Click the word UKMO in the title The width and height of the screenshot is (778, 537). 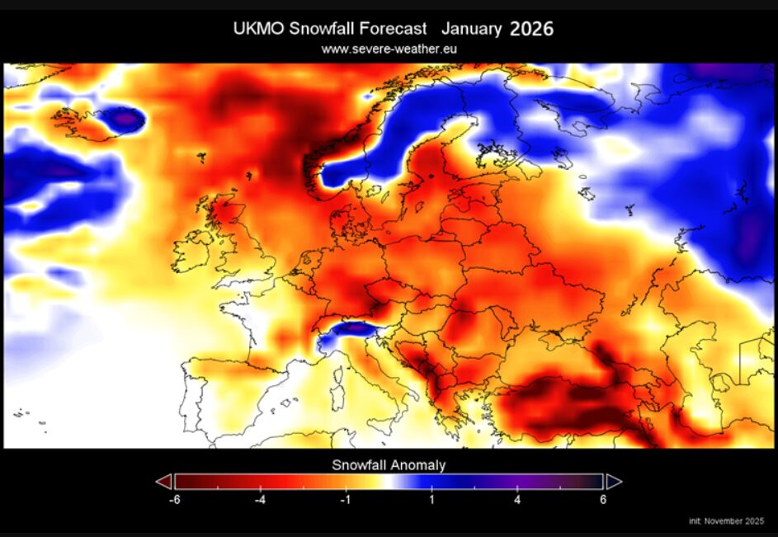258,29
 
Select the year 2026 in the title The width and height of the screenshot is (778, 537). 531,29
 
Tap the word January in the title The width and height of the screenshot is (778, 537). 471,29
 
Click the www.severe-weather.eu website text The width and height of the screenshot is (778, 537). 389,49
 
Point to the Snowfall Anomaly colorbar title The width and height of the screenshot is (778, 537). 389,465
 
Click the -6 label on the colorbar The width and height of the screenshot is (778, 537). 174,500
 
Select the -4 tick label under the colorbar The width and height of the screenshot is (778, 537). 260,500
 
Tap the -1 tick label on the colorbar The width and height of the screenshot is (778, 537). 346,500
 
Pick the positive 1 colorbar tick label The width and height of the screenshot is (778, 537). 431,500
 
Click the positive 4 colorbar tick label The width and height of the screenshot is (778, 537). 517,500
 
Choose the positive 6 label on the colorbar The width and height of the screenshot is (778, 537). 603,500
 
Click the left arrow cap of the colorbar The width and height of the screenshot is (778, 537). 163,482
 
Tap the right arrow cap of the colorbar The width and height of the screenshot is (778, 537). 614,482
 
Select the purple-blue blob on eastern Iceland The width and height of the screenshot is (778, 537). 124,119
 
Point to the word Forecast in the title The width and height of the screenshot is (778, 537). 393,29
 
